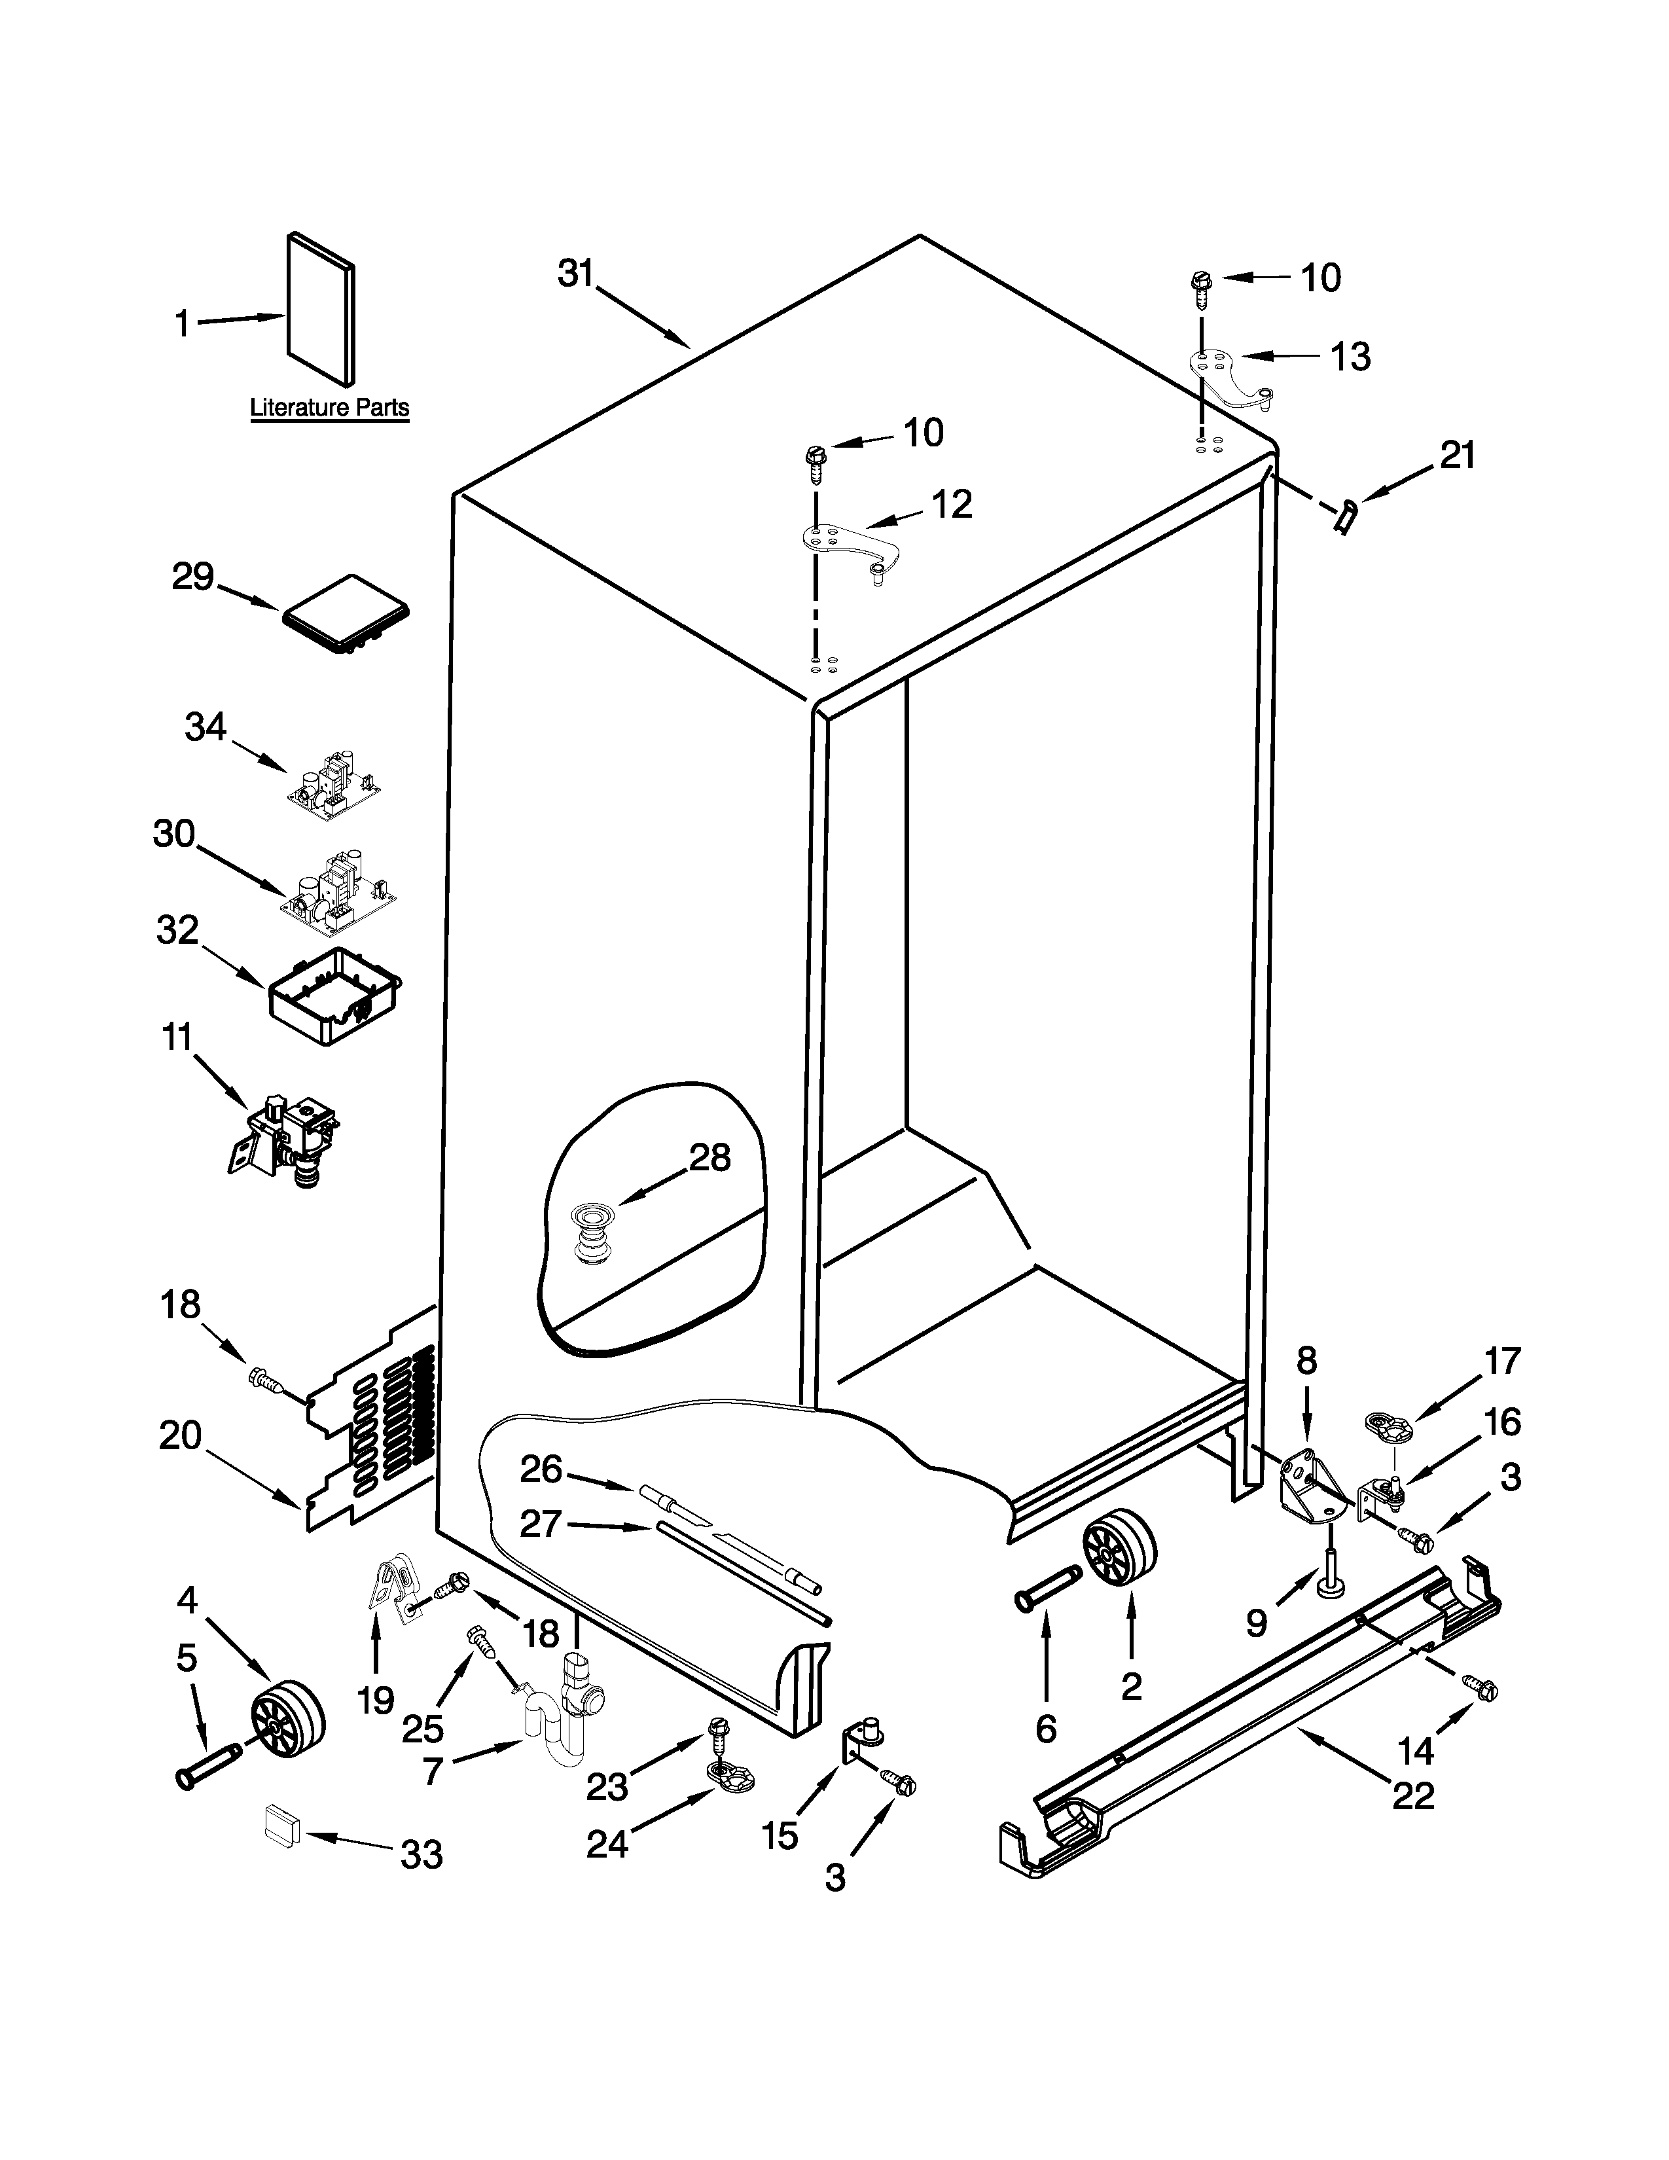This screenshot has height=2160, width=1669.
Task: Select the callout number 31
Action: tap(575, 273)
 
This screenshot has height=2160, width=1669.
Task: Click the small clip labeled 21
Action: tap(1345, 516)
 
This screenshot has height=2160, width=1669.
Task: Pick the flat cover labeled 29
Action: tap(346, 614)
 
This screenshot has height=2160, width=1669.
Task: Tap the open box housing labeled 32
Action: tap(335, 995)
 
